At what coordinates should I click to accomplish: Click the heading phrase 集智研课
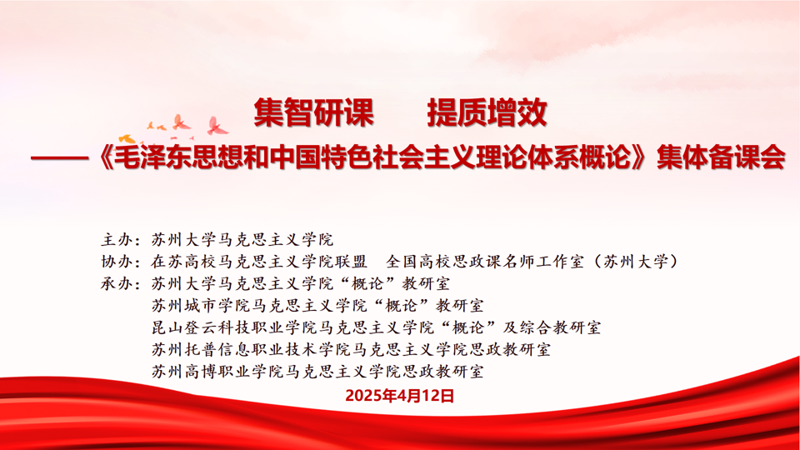(314, 112)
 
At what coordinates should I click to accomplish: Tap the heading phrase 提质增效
(487, 112)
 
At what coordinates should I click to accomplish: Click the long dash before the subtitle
(60, 158)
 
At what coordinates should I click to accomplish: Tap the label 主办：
(121, 239)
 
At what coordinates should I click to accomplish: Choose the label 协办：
(121, 261)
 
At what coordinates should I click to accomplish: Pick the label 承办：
(121, 283)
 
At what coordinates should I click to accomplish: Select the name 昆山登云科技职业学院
(235, 327)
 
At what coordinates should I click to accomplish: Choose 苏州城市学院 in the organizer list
(201, 305)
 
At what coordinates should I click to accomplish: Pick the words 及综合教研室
(552, 327)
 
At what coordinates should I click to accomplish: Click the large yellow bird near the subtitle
(127, 138)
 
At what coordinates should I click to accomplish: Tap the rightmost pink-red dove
(217, 126)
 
